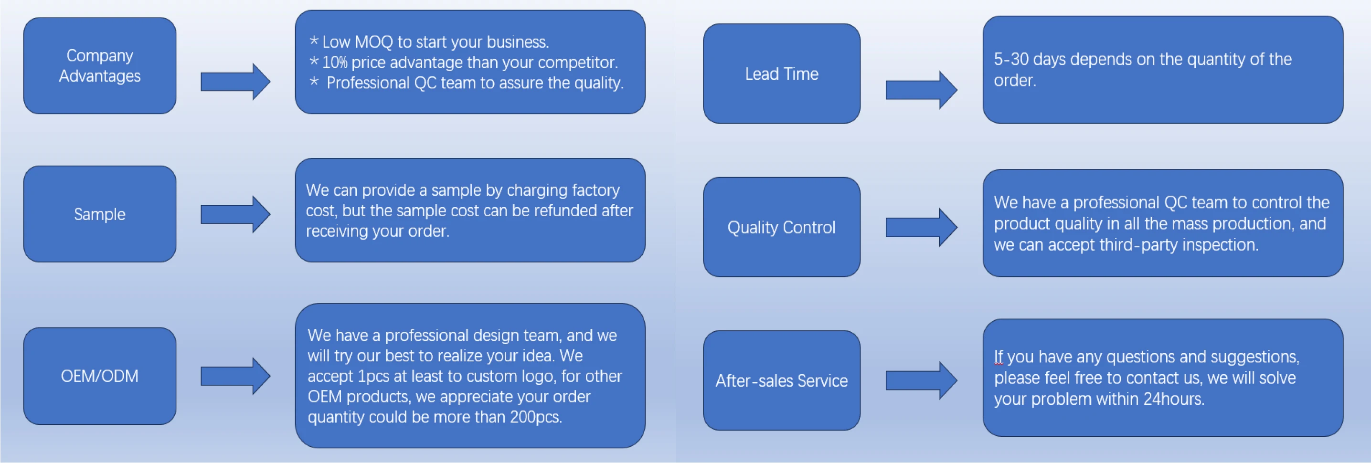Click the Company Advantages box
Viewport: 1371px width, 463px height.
click(99, 65)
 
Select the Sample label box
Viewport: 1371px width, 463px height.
click(99, 214)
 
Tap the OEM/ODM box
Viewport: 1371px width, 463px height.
click(99, 376)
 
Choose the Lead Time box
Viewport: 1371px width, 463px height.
click(781, 74)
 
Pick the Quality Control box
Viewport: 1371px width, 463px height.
click(781, 227)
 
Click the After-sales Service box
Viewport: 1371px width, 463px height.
click(781, 380)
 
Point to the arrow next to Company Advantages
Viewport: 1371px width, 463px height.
click(235, 82)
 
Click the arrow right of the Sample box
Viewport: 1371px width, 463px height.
click(235, 214)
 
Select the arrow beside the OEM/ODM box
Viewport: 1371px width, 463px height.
click(235, 376)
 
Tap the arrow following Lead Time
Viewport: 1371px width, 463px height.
click(921, 90)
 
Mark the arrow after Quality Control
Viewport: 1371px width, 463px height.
click(921, 227)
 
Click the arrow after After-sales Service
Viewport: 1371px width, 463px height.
click(921, 380)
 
